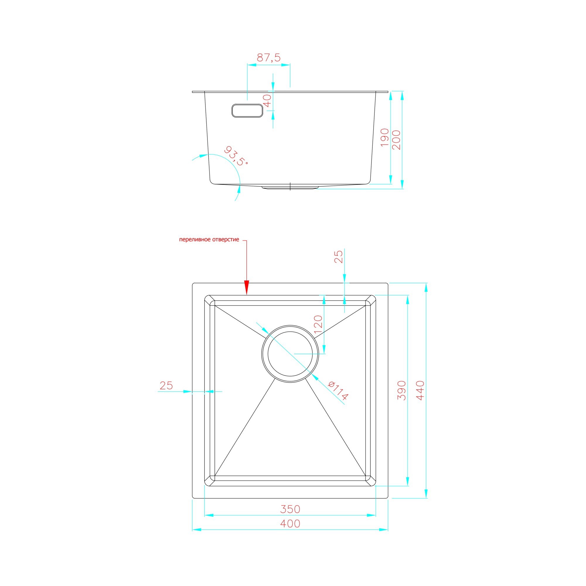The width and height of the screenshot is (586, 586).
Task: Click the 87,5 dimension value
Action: [x=269, y=57]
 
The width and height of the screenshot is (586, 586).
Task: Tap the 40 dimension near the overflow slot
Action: [x=267, y=101]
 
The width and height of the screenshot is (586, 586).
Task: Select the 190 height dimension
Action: [x=385, y=137]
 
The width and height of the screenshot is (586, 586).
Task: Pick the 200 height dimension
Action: [x=396, y=140]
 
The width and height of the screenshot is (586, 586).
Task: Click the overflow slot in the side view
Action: [x=247, y=110]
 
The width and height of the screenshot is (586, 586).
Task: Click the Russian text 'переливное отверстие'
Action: [x=209, y=240]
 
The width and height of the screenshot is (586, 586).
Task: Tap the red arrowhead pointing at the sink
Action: [x=247, y=287]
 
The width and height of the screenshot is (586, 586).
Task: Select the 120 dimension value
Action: [x=318, y=325]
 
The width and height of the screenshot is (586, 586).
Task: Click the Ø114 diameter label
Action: [x=338, y=391]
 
